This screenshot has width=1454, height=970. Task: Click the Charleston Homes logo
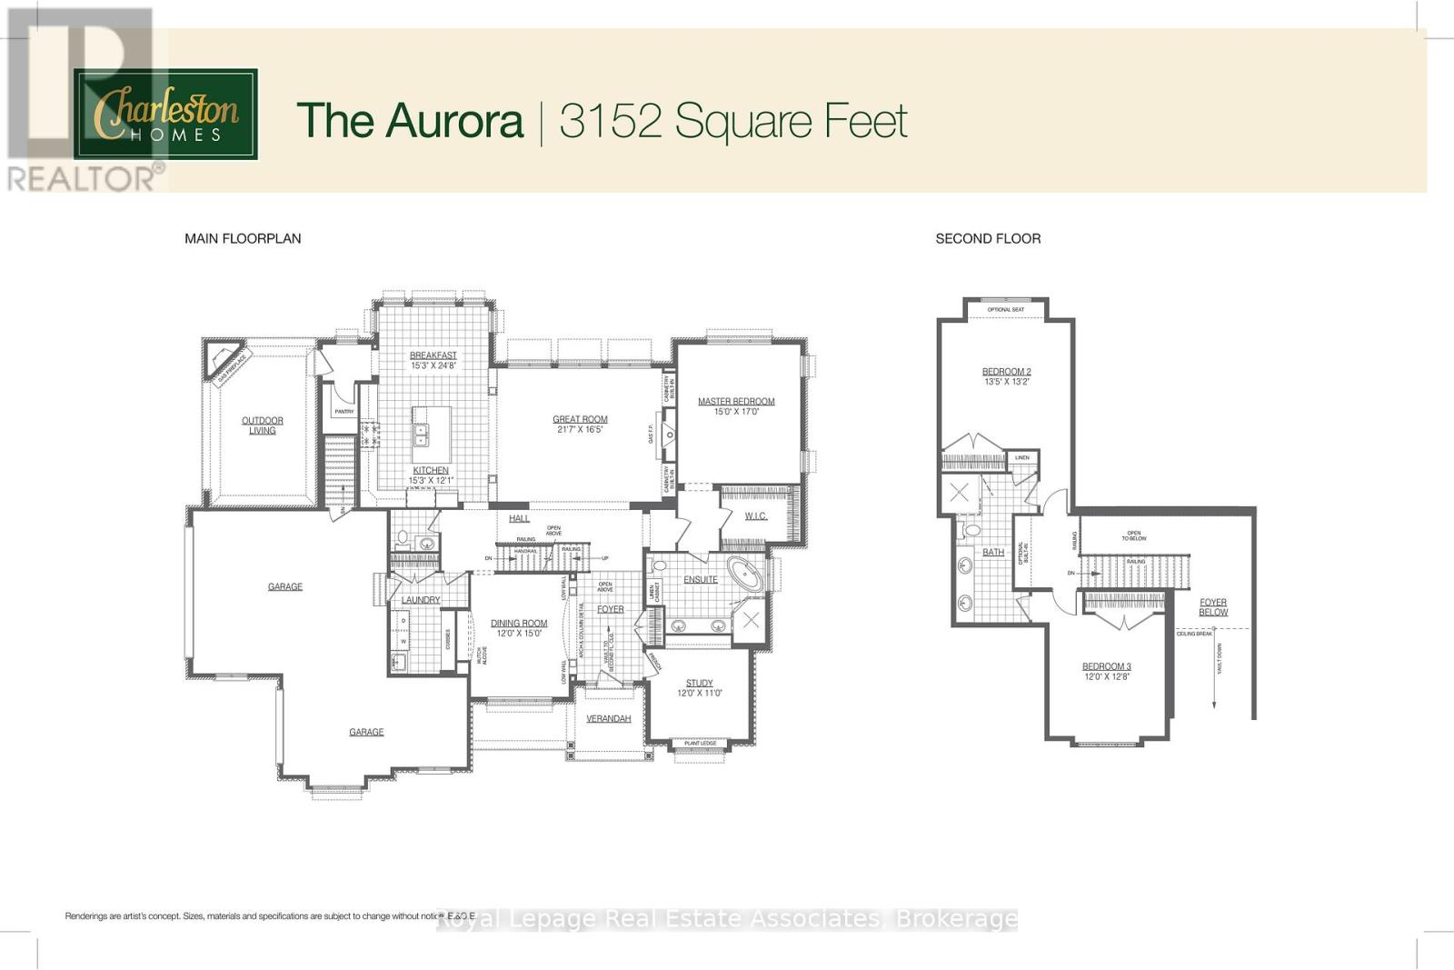click(166, 115)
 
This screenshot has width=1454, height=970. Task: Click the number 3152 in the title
click(609, 121)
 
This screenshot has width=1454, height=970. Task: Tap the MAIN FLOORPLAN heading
click(243, 238)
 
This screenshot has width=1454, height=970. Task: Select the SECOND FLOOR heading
click(988, 238)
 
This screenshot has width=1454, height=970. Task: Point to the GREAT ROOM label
click(580, 419)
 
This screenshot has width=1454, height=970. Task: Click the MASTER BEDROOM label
click(736, 401)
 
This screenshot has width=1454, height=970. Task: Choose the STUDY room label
click(699, 683)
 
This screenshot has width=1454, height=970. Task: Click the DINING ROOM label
click(519, 624)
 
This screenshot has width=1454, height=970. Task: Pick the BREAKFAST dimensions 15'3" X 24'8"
click(433, 365)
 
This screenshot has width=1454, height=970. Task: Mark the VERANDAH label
click(608, 718)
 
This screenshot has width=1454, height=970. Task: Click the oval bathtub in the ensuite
click(748, 576)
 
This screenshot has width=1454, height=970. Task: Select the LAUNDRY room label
click(421, 600)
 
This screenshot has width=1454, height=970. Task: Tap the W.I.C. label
click(755, 515)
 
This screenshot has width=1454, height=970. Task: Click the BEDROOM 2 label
click(1006, 371)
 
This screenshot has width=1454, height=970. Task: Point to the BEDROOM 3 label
click(1106, 666)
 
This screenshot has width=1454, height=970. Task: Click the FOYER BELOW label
click(1213, 607)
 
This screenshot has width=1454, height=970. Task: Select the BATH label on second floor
click(993, 552)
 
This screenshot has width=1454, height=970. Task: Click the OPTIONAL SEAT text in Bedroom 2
click(1005, 309)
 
